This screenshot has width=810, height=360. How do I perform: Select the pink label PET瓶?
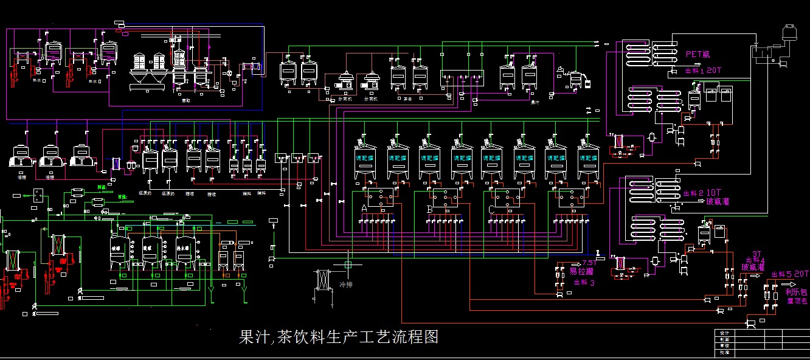pyautogui.click(x=697, y=54)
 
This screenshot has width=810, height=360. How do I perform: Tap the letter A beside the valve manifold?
pyautogui.click(x=364, y=209)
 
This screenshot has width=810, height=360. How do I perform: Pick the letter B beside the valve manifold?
pyautogui.click(x=430, y=209)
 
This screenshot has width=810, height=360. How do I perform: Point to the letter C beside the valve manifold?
pyautogui.click(x=491, y=209)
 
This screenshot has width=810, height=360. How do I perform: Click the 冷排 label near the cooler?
pyautogui.click(x=346, y=285)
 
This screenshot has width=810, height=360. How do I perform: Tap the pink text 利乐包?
pyautogui.click(x=795, y=292)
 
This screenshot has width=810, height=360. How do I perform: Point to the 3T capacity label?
pyautogui.click(x=756, y=254)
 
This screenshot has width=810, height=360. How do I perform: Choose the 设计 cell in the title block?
pyautogui.click(x=724, y=333)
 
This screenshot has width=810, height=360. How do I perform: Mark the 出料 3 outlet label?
pyautogui.click(x=584, y=282)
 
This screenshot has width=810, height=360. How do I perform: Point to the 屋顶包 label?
pyautogui.click(x=796, y=300)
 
